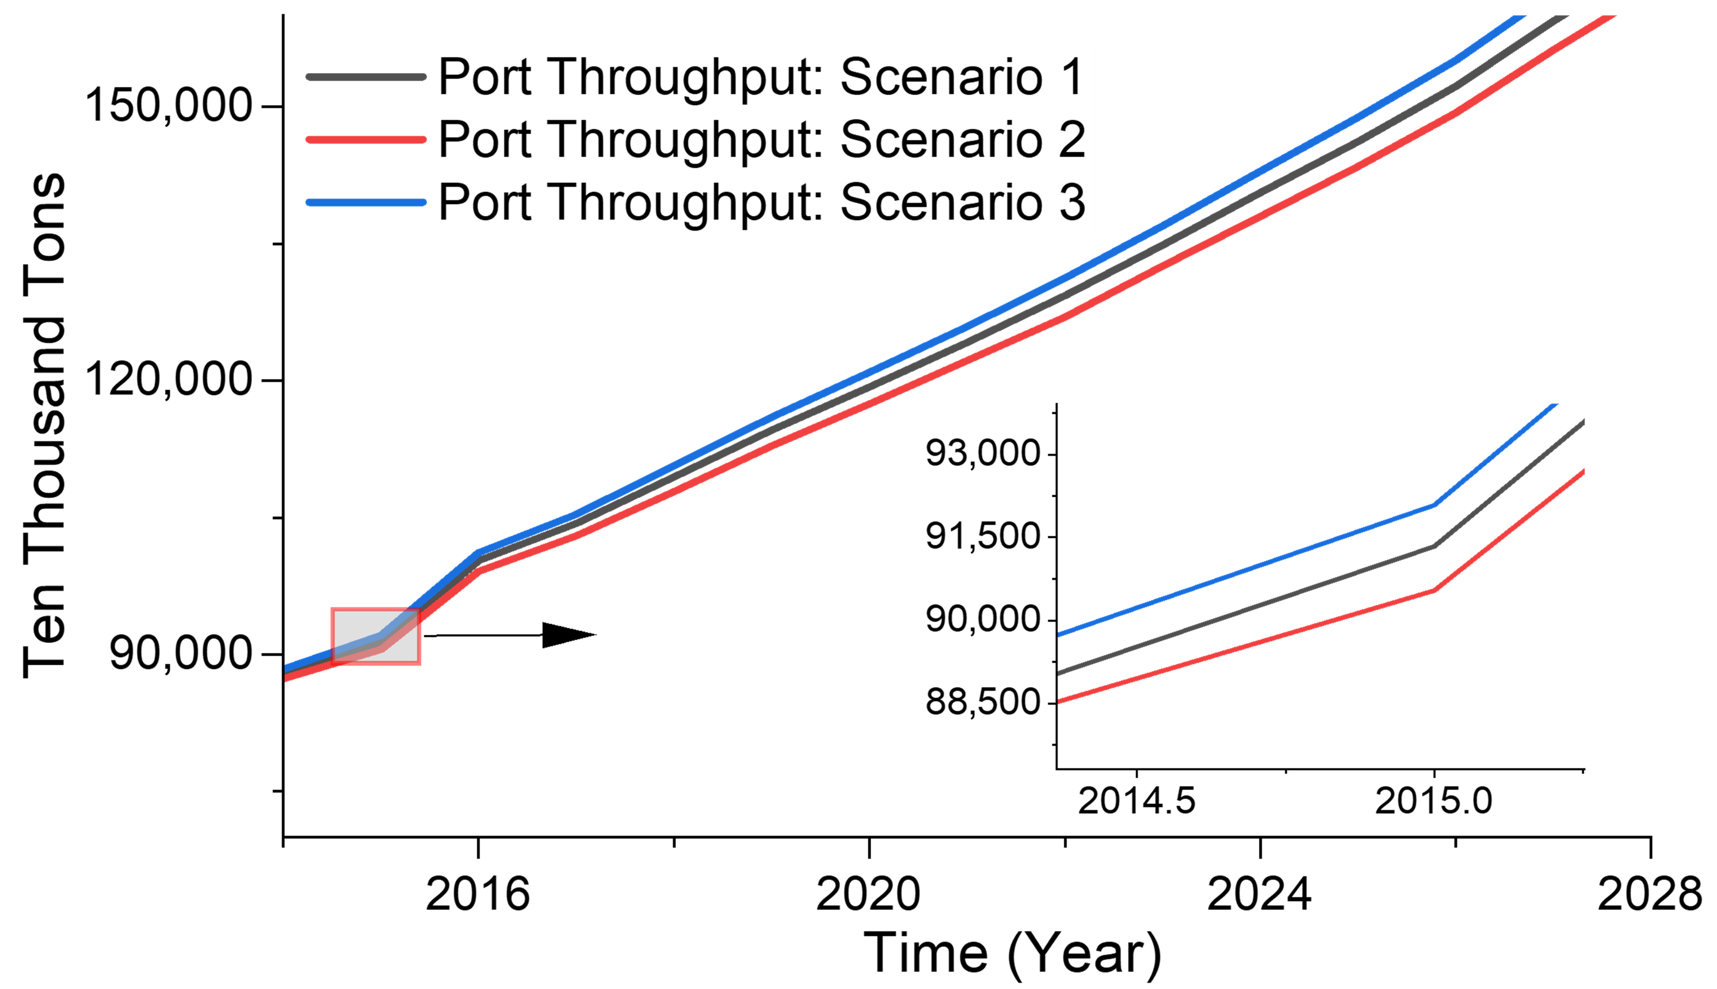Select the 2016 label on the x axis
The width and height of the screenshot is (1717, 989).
tap(478, 894)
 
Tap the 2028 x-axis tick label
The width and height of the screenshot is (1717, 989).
tap(1649, 894)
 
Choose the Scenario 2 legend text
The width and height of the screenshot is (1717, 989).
tap(761, 140)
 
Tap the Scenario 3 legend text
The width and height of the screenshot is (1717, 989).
tap(761, 202)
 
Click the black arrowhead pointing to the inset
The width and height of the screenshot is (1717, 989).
tap(567, 635)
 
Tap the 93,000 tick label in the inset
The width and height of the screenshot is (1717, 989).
tap(983, 453)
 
